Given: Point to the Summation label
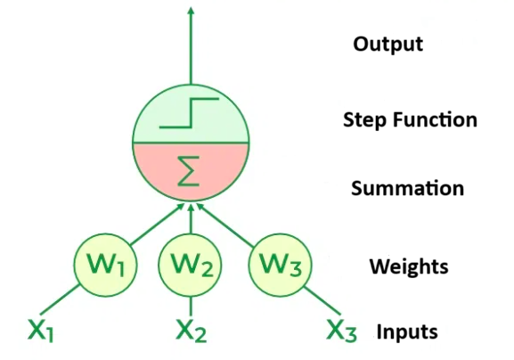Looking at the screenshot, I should pyautogui.click(x=406, y=189).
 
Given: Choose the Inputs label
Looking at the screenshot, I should pyautogui.click(x=406, y=332).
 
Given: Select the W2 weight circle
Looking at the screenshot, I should pyautogui.click(x=190, y=265).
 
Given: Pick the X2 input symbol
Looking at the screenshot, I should pyautogui.click(x=191, y=331).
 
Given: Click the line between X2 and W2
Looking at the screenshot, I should pyautogui.click(x=190, y=303).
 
